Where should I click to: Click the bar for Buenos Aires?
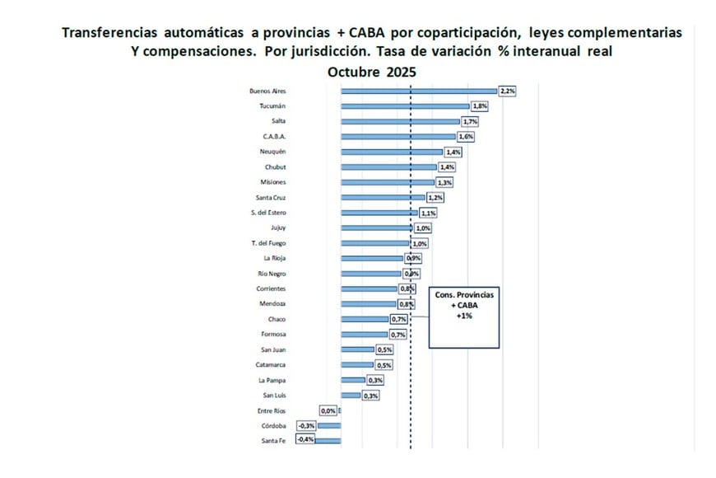click(x=418, y=91)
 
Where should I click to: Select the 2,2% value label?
click(x=507, y=91)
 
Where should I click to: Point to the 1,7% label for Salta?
click(x=470, y=121)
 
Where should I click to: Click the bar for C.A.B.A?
click(x=398, y=137)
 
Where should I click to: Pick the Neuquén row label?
click(x=272, y=152)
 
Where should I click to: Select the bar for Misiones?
click(x=387, y=182)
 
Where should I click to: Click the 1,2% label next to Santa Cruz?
click(x=435, y=198)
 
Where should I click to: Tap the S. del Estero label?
click(x=268, y=213)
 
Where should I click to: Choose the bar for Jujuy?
click(x=375, y=228)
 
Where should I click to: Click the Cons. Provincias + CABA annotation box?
click(x=464, y=317)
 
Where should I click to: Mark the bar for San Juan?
click(x=356, y=349)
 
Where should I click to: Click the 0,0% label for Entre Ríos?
click(x=328, y=410)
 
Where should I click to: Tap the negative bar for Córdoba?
click(x=329, y=426)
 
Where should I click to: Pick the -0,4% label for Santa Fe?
click(x=305, y=441)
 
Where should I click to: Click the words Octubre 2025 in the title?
click(x=372, y=72)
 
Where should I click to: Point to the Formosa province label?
click(x=272, y=335)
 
